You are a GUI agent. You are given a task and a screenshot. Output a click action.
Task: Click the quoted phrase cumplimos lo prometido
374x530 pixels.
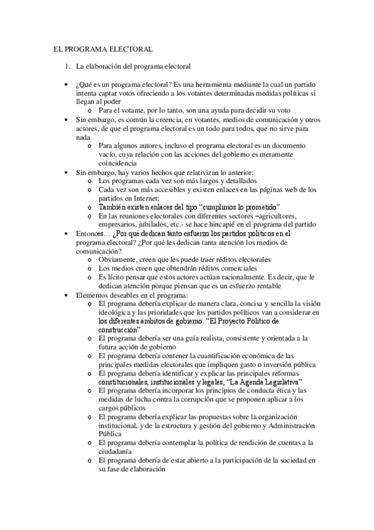click(240, 207)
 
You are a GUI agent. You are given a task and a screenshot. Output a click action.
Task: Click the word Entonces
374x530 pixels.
click(91, 233)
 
